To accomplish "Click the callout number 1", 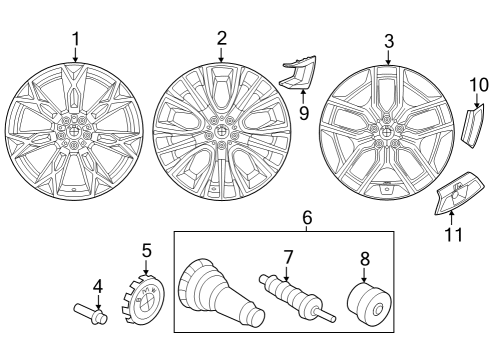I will pos(75,40).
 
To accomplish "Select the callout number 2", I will pos(221,38).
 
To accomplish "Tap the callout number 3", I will pos(388,42).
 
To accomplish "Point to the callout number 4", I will pos(97,286).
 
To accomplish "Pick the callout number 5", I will pos(146,250).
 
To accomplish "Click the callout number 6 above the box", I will pos(307,217).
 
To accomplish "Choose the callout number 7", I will pos(287,258).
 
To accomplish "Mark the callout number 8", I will pos(363,257).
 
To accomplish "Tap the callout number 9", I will pos(302,113).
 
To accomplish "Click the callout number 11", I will pos(451,236).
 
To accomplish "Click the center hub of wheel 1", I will pos(73,131).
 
